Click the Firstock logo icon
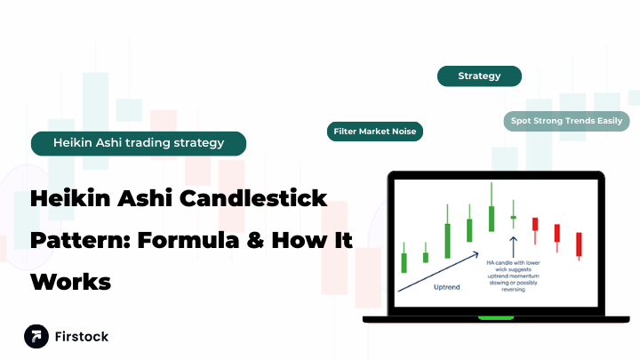[36, 336]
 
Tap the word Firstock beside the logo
[81, 337]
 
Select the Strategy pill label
[479, 76]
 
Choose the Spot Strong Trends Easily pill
[566, 121]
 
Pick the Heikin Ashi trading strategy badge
[138, 142]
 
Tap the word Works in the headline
[71, 282]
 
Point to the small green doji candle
[512, 216]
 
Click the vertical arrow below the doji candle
[512, 245]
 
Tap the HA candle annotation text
[513, 276]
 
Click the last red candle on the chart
[579, 244]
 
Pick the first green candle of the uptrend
[404, 261]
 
